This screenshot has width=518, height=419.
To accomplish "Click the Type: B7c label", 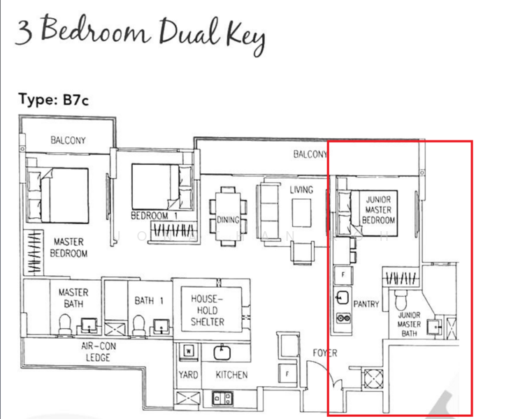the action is [54, 99].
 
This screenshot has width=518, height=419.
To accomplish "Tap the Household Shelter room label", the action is [208, 310].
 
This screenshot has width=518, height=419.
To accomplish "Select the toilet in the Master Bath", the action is [65, 324].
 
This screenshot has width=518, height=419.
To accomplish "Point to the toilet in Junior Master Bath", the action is [401, 300].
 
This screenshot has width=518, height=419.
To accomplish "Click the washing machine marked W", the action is [188, 351].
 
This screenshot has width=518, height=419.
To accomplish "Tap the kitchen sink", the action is [222, 353].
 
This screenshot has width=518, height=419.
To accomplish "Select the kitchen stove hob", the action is [222, 398].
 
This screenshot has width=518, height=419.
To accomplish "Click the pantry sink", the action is [343, 298].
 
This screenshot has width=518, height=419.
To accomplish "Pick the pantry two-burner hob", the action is [343, 318].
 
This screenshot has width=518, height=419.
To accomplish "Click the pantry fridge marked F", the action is [343, 274].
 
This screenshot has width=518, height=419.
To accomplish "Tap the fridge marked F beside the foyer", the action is [287, 373].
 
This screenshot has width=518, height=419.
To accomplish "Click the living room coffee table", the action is [301, 213].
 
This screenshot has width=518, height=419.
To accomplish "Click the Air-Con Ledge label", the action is [98, 352].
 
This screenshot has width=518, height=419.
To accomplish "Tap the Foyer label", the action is [325, 353].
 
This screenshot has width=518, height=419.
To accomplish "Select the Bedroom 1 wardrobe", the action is [174, 230].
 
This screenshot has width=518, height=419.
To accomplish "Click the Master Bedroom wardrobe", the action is [34, 252].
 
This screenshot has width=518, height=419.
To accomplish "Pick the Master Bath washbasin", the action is [89, 325].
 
